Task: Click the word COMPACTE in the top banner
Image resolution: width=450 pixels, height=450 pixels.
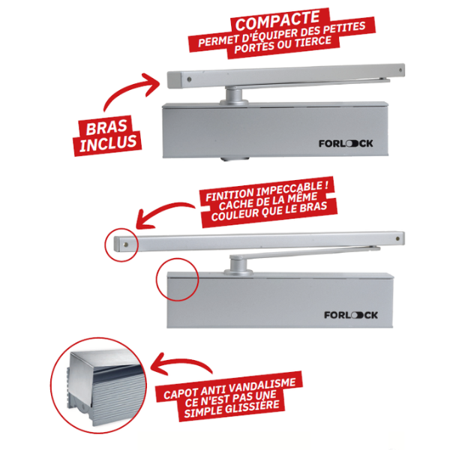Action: click(x=277, y=20)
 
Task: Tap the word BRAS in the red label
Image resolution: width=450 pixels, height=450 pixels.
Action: click(x=106, y=127)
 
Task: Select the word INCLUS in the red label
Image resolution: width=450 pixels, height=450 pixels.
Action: click(x=108, y=143)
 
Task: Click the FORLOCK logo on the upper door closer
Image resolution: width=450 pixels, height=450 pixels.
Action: click(x=346, y=143)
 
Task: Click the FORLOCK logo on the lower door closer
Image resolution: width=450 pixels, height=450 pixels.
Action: click(x=351, y=315)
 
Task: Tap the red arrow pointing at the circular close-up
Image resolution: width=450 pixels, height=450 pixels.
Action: click(x=178, y=362)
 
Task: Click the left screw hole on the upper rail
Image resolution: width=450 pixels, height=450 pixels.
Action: click(x=189, y=79)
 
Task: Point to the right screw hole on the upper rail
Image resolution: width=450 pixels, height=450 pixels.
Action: click(x=401, y=70)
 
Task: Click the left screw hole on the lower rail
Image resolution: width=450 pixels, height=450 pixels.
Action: click(x=125, y=244)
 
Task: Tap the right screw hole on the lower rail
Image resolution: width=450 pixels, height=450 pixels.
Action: click(x=397, y=238)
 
